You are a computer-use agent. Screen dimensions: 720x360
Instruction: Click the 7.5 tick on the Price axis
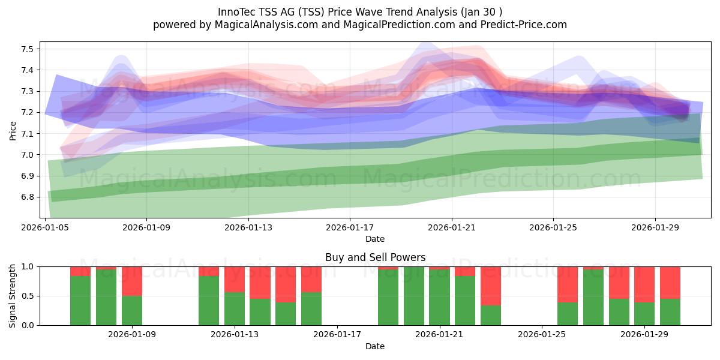click(x=27, y=49)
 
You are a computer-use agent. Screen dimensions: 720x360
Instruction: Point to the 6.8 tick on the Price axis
click(x=27, y=197)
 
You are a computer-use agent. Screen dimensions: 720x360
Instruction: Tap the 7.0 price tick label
click(x=27, y=155)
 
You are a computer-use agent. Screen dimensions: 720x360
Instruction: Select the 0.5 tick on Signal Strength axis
click(x=27, y=296)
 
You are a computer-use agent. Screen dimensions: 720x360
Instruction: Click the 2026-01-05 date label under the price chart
click(x=45, y=227)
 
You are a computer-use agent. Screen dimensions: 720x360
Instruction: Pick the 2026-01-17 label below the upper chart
click(x=350, y=227)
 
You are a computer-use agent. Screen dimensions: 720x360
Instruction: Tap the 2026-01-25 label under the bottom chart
click(x=542, y=334)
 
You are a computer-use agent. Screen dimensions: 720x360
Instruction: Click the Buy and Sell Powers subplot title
click(x=375, y=257)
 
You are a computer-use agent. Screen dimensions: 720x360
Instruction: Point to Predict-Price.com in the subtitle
click(x=524, y=25)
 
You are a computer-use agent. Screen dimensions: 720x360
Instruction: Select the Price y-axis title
click(x=13, y=131)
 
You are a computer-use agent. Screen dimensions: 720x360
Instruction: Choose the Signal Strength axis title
click(x=13, y=296)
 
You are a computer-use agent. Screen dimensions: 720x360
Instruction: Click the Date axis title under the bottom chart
click(x=375, y=346)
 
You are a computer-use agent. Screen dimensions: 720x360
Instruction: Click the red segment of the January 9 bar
click(x=132, y=281)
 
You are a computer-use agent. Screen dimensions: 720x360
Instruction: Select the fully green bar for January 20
click(x=414, y=296)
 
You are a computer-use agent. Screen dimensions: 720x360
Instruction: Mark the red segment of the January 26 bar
click(x=568, y=284)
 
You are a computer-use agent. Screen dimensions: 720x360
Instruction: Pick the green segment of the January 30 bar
click(x=670, y=312)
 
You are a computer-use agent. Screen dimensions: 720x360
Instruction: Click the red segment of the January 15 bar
click(x=286, y=284)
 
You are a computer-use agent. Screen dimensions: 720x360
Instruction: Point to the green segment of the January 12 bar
click(x=209, y=301)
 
